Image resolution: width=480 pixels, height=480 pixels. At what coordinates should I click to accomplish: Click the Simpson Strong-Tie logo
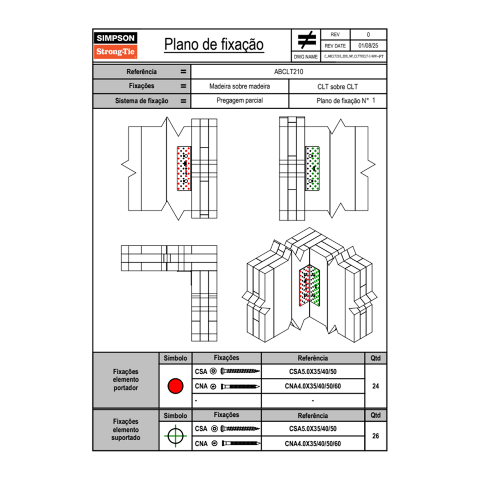tap(116, 45)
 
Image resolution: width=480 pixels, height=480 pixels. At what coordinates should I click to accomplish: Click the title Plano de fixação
tap(214, 45)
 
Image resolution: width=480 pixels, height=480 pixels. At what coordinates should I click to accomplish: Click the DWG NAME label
tap(305, 57)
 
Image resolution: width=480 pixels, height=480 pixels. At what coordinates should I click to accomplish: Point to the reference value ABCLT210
tap(289, 71)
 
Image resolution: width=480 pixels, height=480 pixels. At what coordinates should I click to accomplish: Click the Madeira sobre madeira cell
tap(239, 86)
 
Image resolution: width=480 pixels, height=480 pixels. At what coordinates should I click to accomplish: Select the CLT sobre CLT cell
tap(337, 86)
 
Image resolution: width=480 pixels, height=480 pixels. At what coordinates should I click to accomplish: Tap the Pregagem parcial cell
tap(239, 101)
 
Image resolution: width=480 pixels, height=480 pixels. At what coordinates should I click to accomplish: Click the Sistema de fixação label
tap(141, 101)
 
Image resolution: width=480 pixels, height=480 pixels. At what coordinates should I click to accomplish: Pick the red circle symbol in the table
tap(175, 386)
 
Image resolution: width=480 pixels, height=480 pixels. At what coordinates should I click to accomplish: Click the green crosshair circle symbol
tap(175, 436)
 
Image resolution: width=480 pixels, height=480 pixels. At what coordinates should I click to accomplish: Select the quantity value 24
tap(375, 386)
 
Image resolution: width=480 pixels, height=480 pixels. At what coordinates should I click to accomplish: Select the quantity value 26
tap(375, 436)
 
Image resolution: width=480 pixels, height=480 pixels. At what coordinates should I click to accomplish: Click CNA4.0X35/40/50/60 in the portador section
tap(313, 386)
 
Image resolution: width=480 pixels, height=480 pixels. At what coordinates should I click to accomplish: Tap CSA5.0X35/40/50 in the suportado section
tap(313, 429)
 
